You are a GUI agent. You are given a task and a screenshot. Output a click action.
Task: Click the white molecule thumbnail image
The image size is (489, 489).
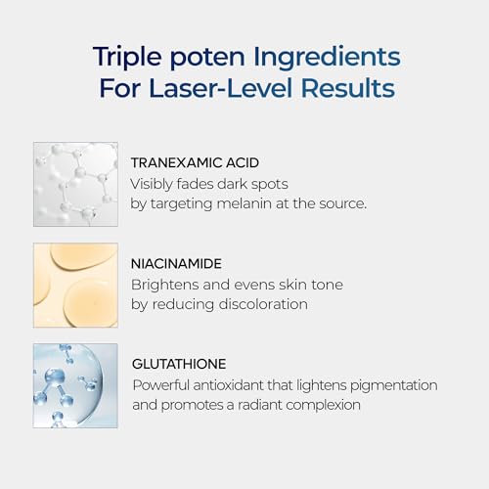75,185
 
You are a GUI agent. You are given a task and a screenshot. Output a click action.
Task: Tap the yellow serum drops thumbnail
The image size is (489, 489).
75,285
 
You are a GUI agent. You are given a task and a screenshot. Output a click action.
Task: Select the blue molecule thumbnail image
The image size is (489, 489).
75,385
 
